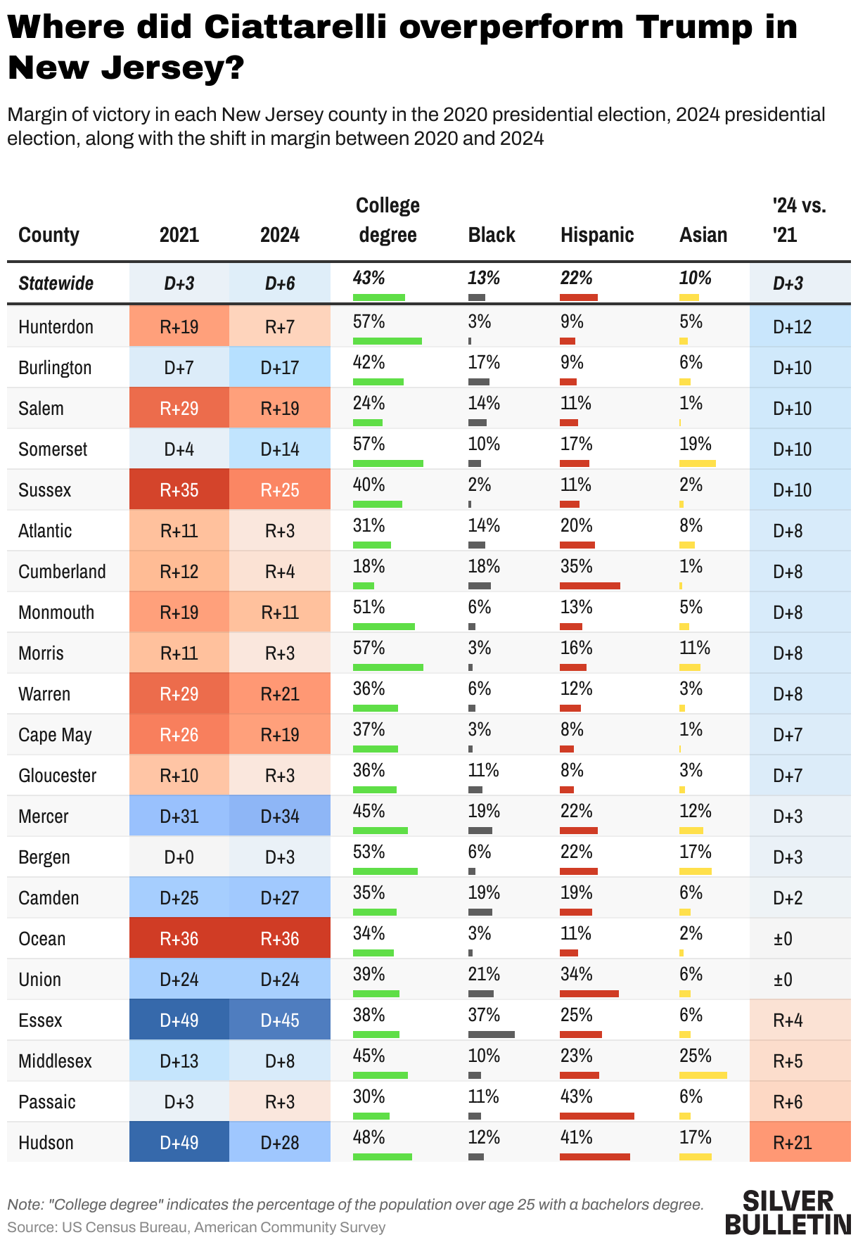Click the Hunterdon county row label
coord(56,327)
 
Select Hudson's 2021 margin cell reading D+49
coord(179,1143)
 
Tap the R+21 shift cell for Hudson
coord(793,1143)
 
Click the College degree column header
coord(388,220)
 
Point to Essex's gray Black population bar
coord(491,1035)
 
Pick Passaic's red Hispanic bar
coord(596,1116)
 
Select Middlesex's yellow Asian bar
coord(703,1075)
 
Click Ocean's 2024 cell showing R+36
coord(280,939)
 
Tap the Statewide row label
coord(56,283)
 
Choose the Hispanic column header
coord(597,235)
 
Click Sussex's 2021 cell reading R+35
coord(179,490)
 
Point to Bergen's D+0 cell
coord(179,857)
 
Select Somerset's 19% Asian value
coord(695,444)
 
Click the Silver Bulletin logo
coord(788,1212)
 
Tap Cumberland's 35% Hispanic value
coord(576,567)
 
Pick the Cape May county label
coord(55,735)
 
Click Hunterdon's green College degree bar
coord(387,341)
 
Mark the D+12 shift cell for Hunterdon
coord(793,327)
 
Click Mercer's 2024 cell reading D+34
coord(280,817)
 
